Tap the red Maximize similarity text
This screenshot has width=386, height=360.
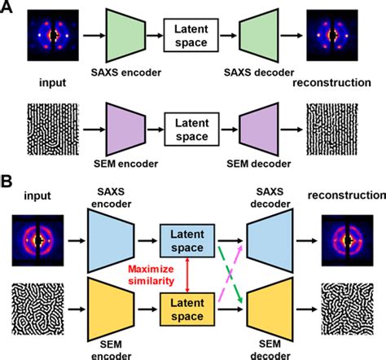[156, 274]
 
